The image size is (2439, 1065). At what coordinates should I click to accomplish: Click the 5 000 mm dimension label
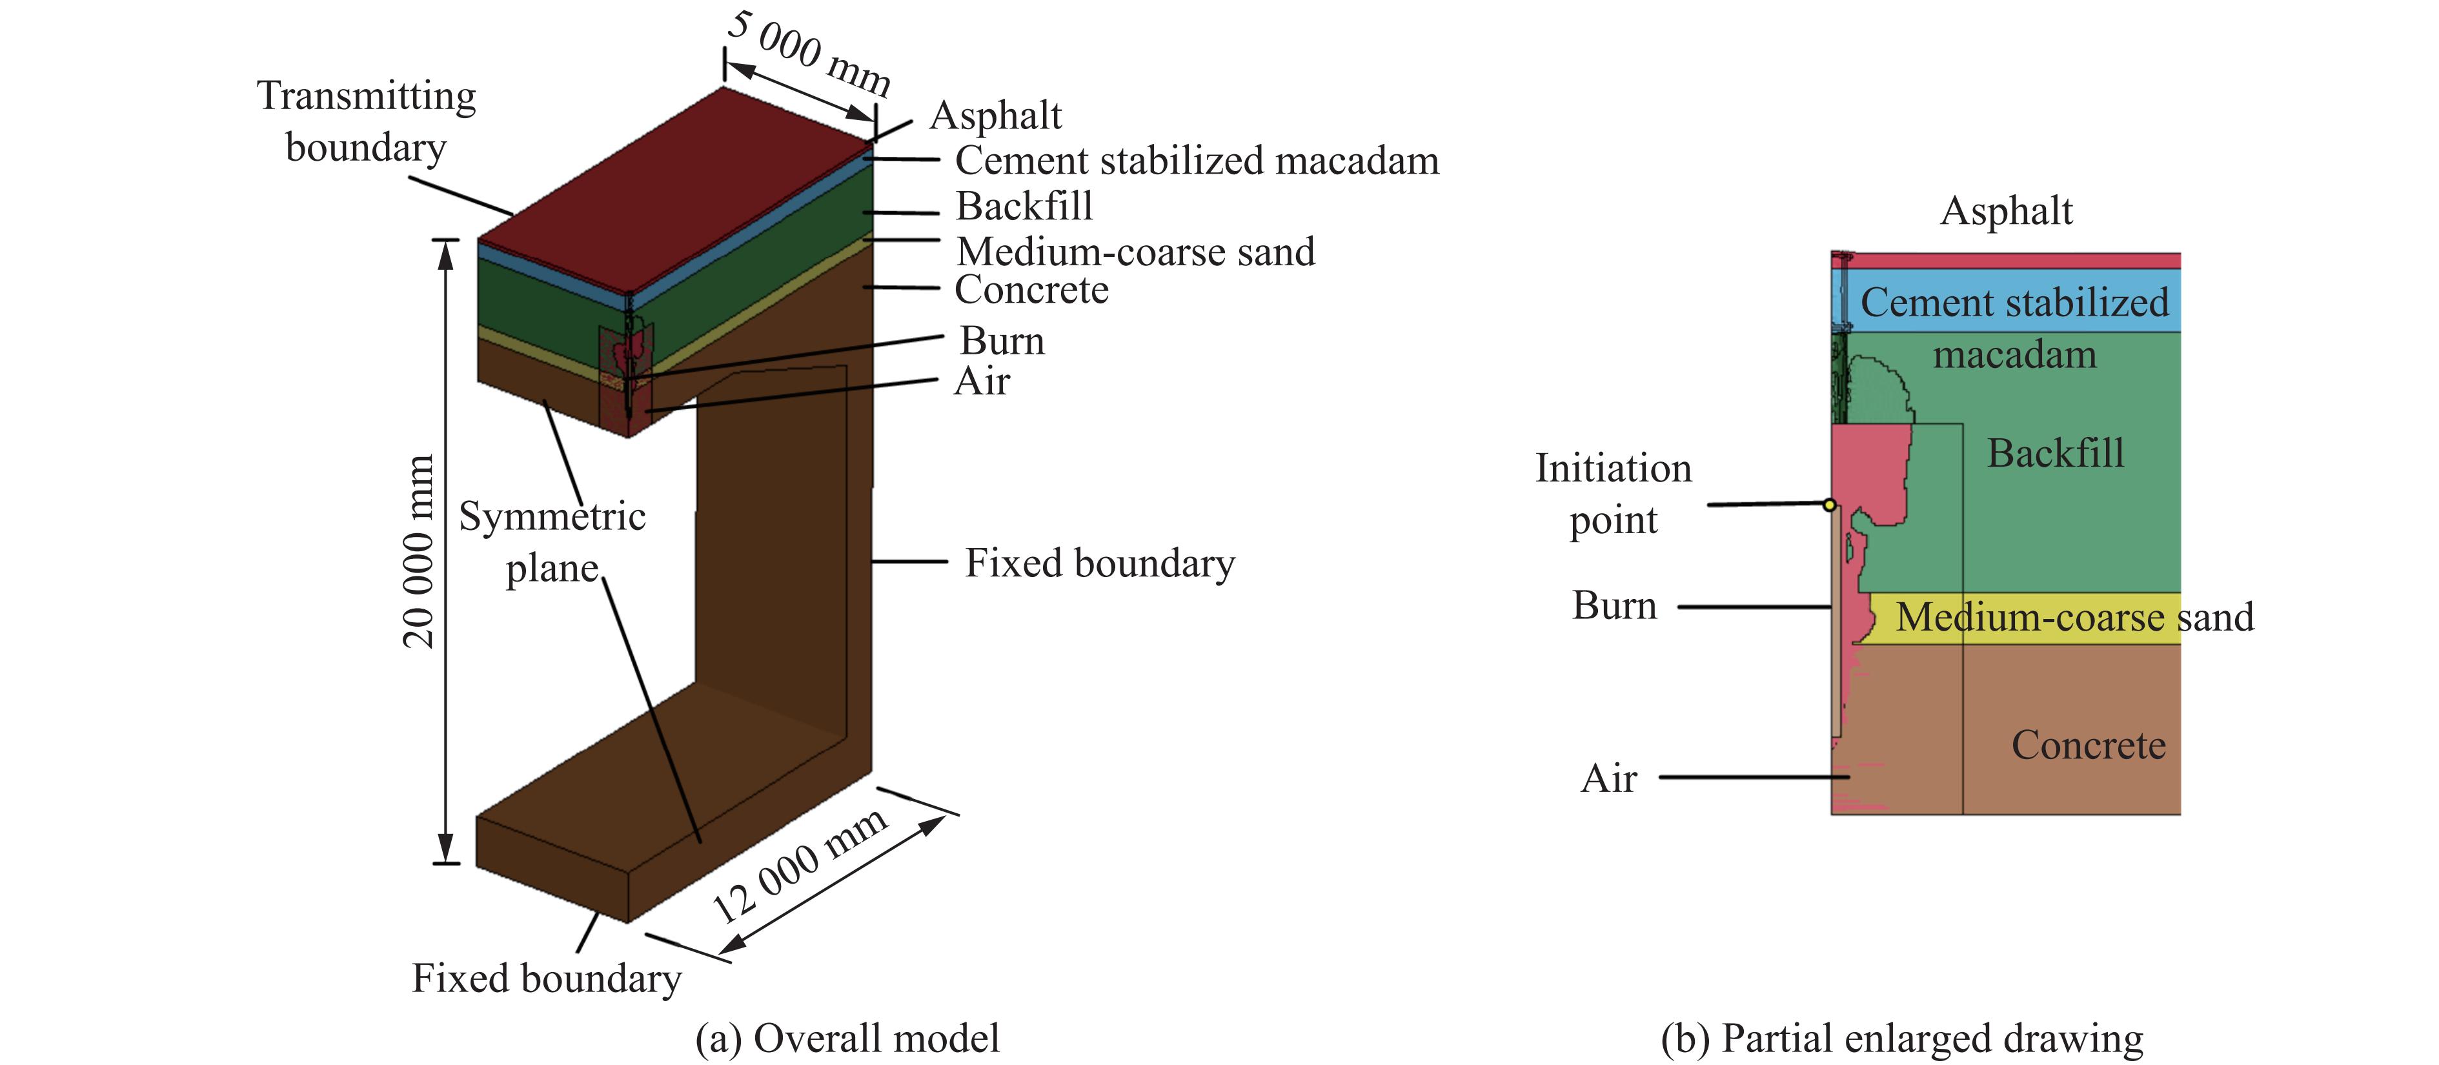[809, 52]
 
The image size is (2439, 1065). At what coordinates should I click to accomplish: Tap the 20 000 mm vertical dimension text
[418, 552]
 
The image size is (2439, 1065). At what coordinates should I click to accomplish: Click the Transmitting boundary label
[367, 121]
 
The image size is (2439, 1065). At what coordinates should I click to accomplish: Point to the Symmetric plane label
[552, 542]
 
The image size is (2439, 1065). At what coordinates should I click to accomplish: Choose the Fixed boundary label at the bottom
[546, 978]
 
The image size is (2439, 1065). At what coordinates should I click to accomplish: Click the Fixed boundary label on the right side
[1099, 563]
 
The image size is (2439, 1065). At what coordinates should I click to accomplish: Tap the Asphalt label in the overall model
[995, 116]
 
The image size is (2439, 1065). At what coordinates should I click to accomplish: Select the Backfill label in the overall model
[1024, 207]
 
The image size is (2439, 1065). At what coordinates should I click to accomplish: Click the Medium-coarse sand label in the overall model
[1135, 252]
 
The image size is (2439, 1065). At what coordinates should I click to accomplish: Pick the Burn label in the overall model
[1002, 341]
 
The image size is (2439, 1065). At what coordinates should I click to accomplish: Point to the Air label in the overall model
[982, 381]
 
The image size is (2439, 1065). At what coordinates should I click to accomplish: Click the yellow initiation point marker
[1829, 505]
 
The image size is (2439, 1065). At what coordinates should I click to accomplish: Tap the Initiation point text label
[1614, 493]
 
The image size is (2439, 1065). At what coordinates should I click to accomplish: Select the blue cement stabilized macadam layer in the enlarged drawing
[2007, 300]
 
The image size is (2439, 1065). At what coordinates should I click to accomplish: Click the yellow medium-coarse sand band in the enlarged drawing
[2026, 618]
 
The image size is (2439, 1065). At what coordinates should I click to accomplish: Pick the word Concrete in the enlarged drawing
[2088, 745]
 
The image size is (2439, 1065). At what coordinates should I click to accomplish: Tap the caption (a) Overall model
[847, 1039]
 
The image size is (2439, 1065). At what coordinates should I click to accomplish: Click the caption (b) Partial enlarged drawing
[1902, 1039]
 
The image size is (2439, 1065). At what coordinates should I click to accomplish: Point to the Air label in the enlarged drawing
[1608, 778]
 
